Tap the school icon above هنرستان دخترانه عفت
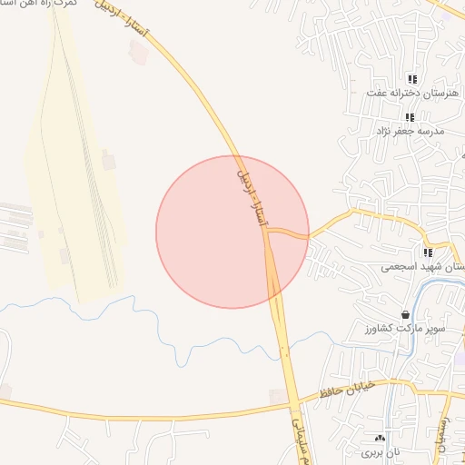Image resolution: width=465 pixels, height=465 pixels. tap(412, 79)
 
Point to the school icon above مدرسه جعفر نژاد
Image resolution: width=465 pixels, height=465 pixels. tap(410, 117)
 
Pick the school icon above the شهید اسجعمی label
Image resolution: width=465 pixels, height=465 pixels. tap(427, 252)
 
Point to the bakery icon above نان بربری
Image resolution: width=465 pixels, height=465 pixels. tap(380, 438)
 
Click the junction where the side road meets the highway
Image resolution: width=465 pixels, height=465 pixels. tap(267, 232)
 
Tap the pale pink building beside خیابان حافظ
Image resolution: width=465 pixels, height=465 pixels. tap(275, 396)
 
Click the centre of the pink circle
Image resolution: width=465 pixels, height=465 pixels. tap(232, 232)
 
